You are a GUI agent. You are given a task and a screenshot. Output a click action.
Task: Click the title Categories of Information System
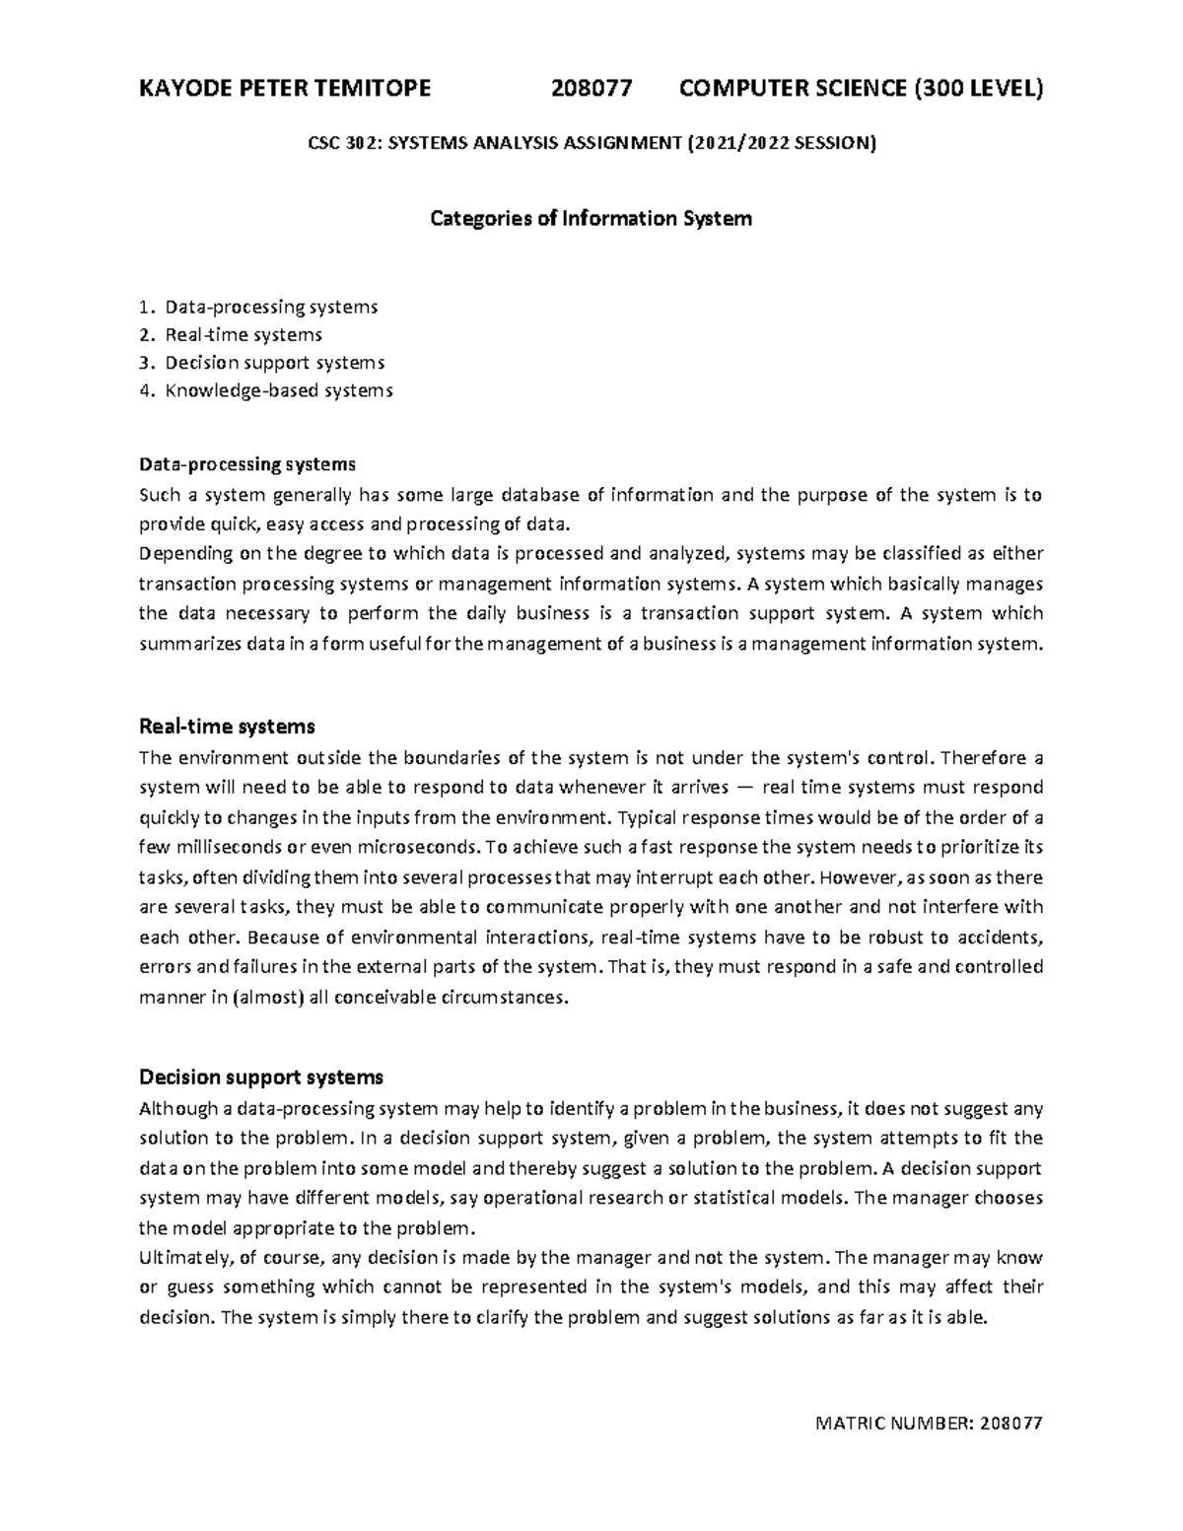pyautogui.click(x=591, y=218)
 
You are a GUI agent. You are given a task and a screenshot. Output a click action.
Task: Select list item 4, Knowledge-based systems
pyautogui.click(x=278, y=390)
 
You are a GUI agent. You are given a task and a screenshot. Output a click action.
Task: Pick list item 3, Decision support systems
pyautogui.click(x=274, y=363)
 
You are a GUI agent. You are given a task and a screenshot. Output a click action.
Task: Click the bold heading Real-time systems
pyautogui.click(x=227, y=727)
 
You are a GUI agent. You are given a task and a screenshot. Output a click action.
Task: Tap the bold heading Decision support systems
pyautogui.click(x=261, y=1077)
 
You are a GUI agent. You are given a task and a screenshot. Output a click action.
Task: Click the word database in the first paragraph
pyautogui.click(x=541, y=495)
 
